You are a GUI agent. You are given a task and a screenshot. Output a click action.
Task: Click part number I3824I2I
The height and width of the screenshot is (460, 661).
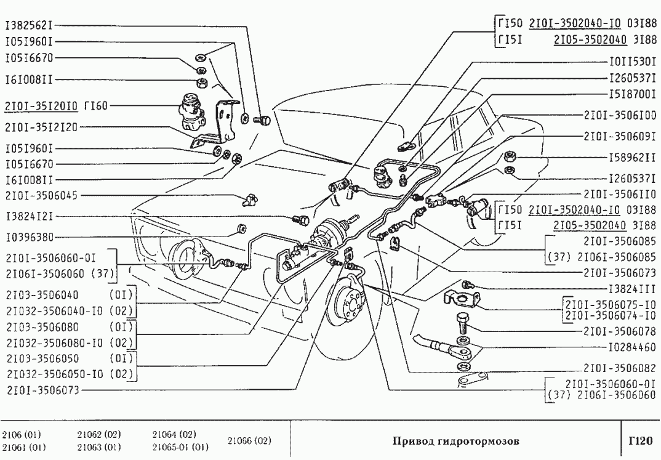(x=29, y=217)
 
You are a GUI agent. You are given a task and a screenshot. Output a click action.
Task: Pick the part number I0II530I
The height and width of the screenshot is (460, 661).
(x=632, y=62)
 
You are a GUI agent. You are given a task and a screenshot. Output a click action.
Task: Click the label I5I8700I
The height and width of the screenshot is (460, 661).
(x=632, y=96)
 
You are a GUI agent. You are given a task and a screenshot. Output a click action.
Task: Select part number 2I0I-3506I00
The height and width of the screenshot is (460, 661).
(x=620, y=115)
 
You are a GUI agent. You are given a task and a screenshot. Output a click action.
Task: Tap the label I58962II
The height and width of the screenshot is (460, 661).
(x=632, y=158)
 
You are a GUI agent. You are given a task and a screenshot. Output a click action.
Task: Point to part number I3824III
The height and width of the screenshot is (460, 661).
(x=632, y=288)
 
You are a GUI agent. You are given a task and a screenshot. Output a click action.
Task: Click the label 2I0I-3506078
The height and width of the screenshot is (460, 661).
(x=620, y=331)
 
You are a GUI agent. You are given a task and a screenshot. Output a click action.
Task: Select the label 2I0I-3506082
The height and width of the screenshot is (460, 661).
(x=620, y=368)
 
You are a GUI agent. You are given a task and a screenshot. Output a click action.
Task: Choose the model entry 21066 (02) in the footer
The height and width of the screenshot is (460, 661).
(x=249, y=441)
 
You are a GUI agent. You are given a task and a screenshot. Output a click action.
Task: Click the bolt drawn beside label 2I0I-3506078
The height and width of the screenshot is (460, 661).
(x=462, y=323)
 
